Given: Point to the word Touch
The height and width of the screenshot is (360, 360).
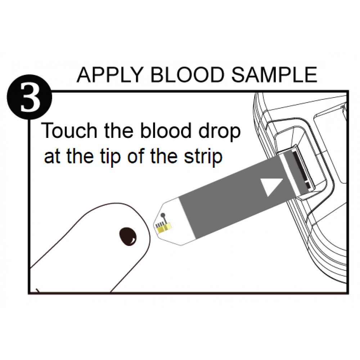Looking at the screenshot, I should [x=69, y=131].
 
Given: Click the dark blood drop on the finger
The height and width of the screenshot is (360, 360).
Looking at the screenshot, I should [x=128, y=237].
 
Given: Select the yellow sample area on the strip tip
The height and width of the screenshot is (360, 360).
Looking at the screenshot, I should [x=164, y=228].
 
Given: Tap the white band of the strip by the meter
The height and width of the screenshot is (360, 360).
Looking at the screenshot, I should [x=290, y=175].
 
